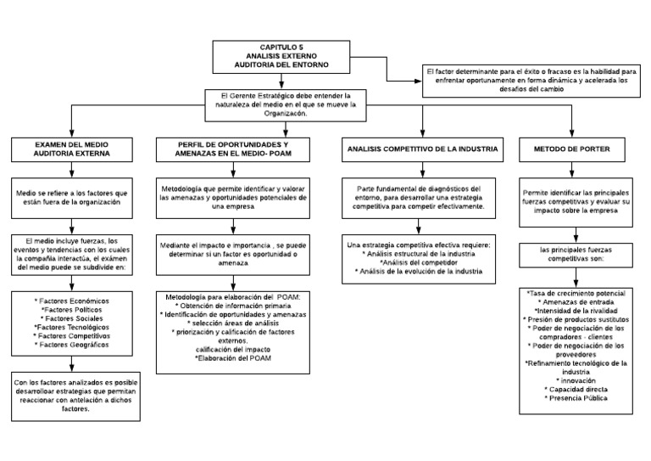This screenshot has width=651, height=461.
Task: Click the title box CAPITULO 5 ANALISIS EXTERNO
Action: pyautogui.click(x=282, y=56)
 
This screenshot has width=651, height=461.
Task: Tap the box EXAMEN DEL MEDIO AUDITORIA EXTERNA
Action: pyautogui.click(x=71, y=150)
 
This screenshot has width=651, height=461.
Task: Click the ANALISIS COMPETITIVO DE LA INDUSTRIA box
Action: pyautogui.click(x=422, y=150)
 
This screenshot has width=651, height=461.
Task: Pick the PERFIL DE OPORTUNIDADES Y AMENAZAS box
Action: pyautogui.click(x=233, y=150)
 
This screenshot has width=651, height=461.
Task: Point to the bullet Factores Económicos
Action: pyautogui.click(x=72, y=301)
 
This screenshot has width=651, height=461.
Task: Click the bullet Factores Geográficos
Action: pyautogui.click(x=72, y=345)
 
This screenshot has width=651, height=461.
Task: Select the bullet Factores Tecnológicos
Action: pyautogui.click(x=72, y=327)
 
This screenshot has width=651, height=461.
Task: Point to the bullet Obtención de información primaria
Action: pyautogui.click(x=233, y=306)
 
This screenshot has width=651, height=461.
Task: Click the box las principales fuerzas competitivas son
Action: pyautogui.click(x=576, y=255)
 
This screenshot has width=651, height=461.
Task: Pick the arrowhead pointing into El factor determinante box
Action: pyautogui.click(x=417, y=82)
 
